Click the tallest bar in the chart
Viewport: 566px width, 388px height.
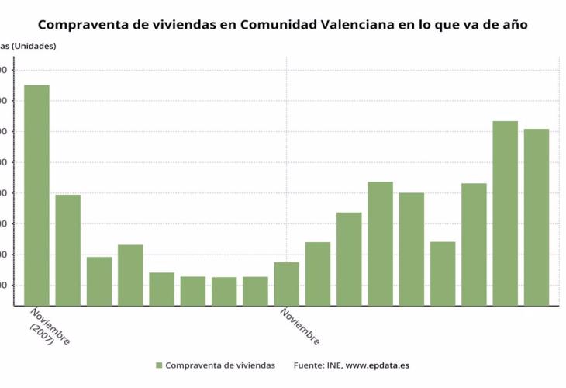(36, 194)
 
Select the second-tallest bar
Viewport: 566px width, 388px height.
(505, 213)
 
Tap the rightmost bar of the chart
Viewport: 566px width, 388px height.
(536, 217)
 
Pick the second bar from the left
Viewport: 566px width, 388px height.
(67, 249)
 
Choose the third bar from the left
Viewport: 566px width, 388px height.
(99, 280)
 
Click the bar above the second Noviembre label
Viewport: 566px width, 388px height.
(286, 283)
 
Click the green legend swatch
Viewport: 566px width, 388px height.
(159, 365)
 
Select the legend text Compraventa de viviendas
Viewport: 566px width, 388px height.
(220, 365)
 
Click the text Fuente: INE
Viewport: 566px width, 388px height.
(317, 365)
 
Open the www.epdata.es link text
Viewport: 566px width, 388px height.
(378, 365)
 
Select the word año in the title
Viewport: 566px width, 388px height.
(514, 25)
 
